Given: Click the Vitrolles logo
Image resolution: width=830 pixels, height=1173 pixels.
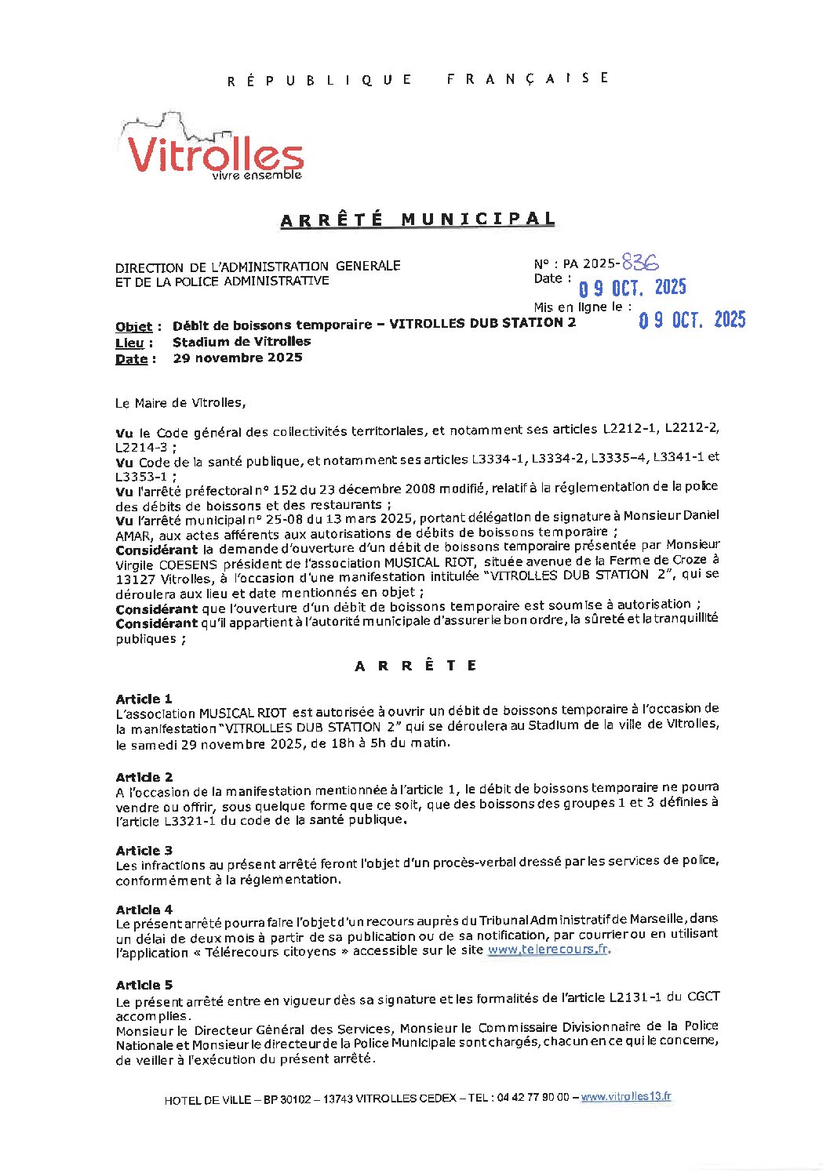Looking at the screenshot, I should pyautogui.click(x=212, y=149).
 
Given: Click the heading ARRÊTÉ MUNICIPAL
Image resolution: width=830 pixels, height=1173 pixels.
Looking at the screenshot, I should pyautogui.click(x=417, y=220).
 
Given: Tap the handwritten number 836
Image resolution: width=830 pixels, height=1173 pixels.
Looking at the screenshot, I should pyautogui.click(x=640, y=262).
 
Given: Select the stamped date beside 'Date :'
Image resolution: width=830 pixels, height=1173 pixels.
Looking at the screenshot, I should pyautogui.click(x=632, y=288).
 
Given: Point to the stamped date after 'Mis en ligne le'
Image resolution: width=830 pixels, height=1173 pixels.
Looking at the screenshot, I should pyautogui.click(x=692, y=320).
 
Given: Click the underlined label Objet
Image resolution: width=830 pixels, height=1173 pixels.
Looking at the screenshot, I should pyautogui.click(x=133, y=326).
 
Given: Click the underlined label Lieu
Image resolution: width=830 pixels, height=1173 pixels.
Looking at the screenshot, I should pyautogui.click(x=129, y=343).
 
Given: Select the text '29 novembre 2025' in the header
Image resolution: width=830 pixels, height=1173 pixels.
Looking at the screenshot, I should pyautogui.click(x=238, y=358).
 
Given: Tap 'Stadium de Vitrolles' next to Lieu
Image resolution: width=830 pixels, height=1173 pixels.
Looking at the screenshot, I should pyautogui.click(x=242, y=342).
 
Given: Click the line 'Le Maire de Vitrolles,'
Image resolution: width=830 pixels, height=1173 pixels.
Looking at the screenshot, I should pyautogui.click(x=180, y=403).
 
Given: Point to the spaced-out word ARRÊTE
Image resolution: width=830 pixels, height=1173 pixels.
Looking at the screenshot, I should pyautogui.click(x=416, y=666).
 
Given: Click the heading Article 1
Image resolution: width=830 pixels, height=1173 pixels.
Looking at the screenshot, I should pyautogui.click(x=144, y=699).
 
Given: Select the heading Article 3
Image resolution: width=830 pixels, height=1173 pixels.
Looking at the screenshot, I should pyautogui.click(x=144, y=851).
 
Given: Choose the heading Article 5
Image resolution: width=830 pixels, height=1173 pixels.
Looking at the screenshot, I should pyautogui.click(x=144, y=985).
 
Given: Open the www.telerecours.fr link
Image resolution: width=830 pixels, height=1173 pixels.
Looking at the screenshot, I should pyautogui.click(x=548, y=950).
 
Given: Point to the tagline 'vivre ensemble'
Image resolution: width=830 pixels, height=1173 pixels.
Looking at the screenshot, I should pyautogui.click(x=257, y=176).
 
